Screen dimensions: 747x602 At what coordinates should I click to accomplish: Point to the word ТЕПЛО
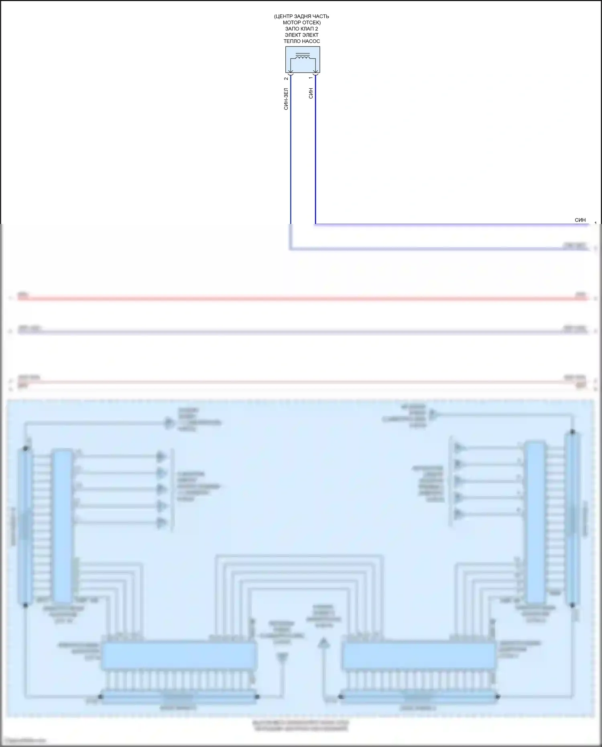[292, 41]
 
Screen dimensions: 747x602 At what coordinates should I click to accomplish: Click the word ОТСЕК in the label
[311, 22]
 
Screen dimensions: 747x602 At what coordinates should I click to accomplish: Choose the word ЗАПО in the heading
[292, 29]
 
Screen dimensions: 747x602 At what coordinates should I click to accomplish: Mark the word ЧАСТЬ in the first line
[320, 16]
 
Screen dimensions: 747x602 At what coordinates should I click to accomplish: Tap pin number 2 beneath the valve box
[286, 78]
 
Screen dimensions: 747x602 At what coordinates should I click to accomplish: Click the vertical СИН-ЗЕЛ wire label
[286, 99]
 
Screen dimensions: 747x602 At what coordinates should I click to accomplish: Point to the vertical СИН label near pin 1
[311, 94]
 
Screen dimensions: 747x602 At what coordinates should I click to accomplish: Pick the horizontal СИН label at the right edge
[580, 220]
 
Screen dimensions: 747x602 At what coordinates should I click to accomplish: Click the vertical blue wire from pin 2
[291, 161]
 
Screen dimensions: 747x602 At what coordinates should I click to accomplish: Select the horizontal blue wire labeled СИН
[441, 224]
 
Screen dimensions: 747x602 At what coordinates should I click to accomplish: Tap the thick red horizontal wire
[301, 299]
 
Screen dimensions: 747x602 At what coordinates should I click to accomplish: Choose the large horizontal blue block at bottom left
[179, 655]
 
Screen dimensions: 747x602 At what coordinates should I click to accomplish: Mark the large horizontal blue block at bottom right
[419, 655]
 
